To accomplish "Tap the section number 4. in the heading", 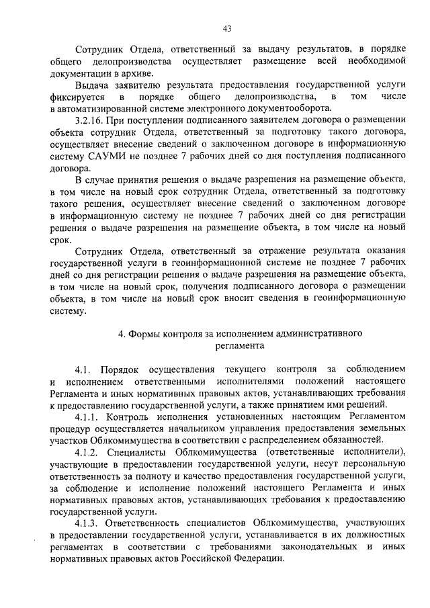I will coord(122,333).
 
